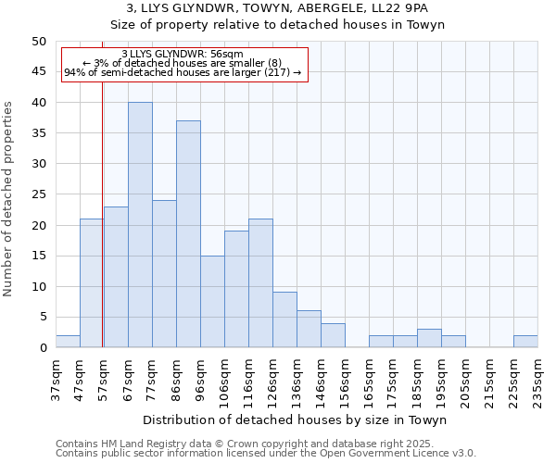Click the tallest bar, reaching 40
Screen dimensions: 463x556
click(x=140, y=225)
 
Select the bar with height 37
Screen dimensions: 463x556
click(x=188, y=234)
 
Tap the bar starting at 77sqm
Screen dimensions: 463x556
click(x=164, y=274)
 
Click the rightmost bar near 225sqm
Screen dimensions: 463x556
click(x=525, y=342)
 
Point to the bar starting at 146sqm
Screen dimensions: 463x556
click(x=333, y=336)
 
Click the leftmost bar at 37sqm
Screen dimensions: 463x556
click(x=68, y=342)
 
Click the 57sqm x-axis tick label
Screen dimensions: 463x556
click(x=104, y=378)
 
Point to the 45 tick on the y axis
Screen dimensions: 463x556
click(x=39, y=72)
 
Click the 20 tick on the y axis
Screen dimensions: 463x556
click(x=39, y=225)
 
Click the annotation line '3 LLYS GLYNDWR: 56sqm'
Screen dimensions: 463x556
click(x=183, y=54)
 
